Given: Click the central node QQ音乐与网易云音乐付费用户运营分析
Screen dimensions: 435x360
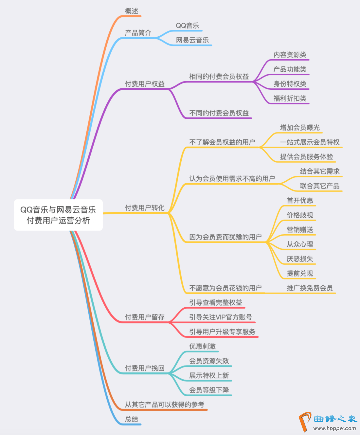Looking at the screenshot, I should click(58, 215).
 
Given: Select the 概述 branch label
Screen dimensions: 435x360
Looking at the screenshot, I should click(131, 11).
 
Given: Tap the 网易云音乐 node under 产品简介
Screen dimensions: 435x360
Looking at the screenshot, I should click(192, 40).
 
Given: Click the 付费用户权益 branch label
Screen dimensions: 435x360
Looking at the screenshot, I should click(145, 84).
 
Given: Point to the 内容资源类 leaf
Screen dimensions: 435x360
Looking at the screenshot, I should click(290, 55).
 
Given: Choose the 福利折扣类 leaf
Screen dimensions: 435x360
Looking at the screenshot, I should click(290, 99).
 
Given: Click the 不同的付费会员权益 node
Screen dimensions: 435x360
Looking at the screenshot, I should click(219, 113).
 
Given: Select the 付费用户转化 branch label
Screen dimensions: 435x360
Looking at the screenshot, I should click(145, 208).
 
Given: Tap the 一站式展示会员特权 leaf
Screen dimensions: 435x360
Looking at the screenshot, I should click(310, 142).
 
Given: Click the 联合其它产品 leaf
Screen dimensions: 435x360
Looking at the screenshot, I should click(320, 186).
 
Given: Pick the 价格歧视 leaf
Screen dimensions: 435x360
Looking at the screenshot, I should click(300, 215).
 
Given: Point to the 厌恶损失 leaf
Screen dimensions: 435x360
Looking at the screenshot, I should click(300, 259).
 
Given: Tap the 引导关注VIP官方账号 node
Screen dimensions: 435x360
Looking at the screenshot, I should click(220, 317).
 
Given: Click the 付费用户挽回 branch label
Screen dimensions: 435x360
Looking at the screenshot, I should click(145, 368).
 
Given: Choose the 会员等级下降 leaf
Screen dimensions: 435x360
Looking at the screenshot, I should click(209, 390).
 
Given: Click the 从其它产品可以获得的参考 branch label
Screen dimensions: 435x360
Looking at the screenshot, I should click(164, 405).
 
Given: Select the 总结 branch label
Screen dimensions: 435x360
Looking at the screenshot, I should click(131, 419).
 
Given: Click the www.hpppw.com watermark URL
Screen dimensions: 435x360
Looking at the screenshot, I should click(334, 429).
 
